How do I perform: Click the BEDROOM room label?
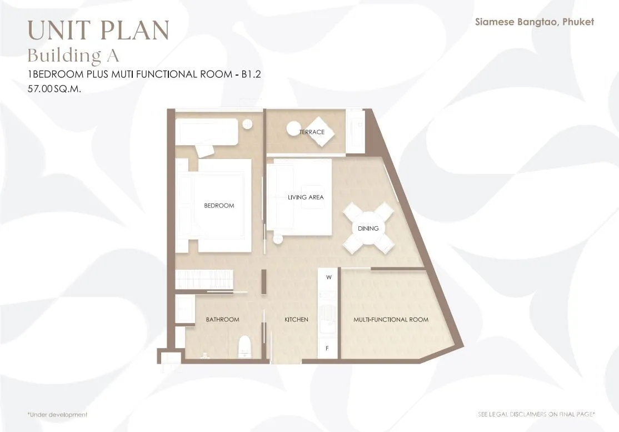[219, 205]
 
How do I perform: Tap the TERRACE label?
[312, 132]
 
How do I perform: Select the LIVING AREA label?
[306, 197]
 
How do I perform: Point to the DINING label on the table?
[368, 229]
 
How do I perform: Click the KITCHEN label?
[297, 320]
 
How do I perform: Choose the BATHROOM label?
[223, 320]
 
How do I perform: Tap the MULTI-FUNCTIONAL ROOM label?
[391, 320]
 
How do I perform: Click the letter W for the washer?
[329, 277]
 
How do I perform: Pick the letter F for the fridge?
[327, 348]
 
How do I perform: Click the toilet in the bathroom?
[244, 346]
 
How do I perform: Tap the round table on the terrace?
[293, 129]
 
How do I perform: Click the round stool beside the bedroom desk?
[247, 123]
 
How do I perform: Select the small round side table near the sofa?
[278, 239]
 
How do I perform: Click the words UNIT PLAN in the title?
[99, 31]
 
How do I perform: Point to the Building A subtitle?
[73, 55]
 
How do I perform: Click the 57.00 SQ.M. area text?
[54, 89]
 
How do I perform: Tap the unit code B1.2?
[252, 75]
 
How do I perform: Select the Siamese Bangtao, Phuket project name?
[535, 22]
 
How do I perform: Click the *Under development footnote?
[57, 415]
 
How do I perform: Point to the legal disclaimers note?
[537, 414]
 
